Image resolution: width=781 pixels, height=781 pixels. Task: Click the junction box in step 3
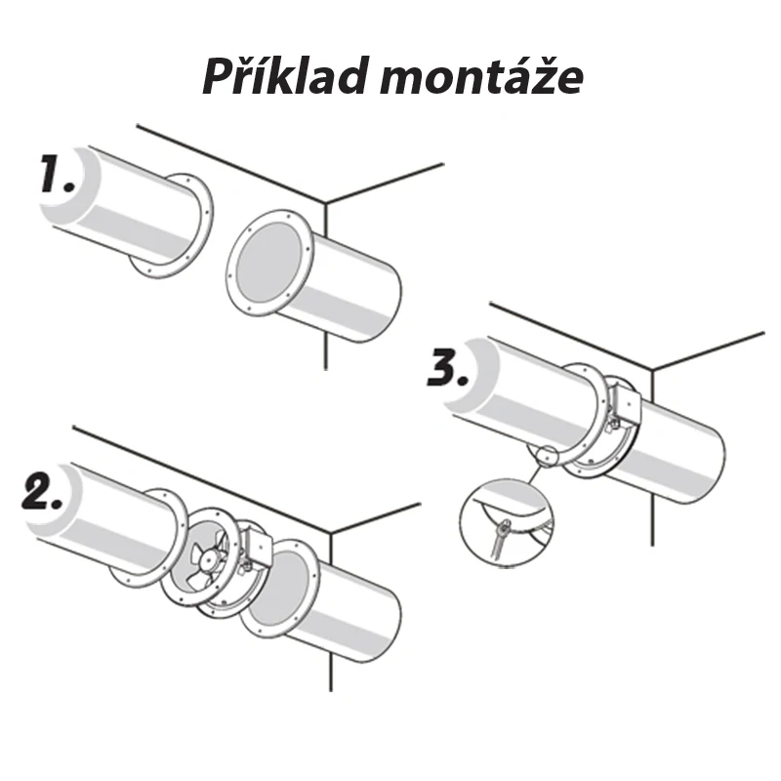(x=624, y=405)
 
